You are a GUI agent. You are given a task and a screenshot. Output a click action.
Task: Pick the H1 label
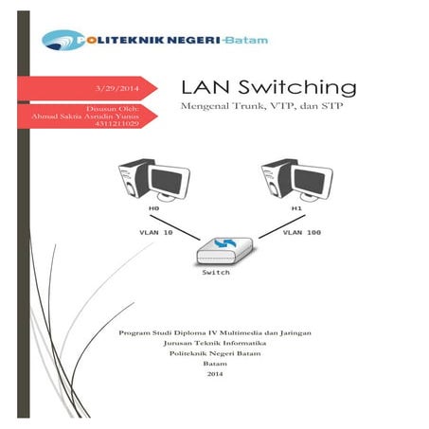(x=296, y=207)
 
